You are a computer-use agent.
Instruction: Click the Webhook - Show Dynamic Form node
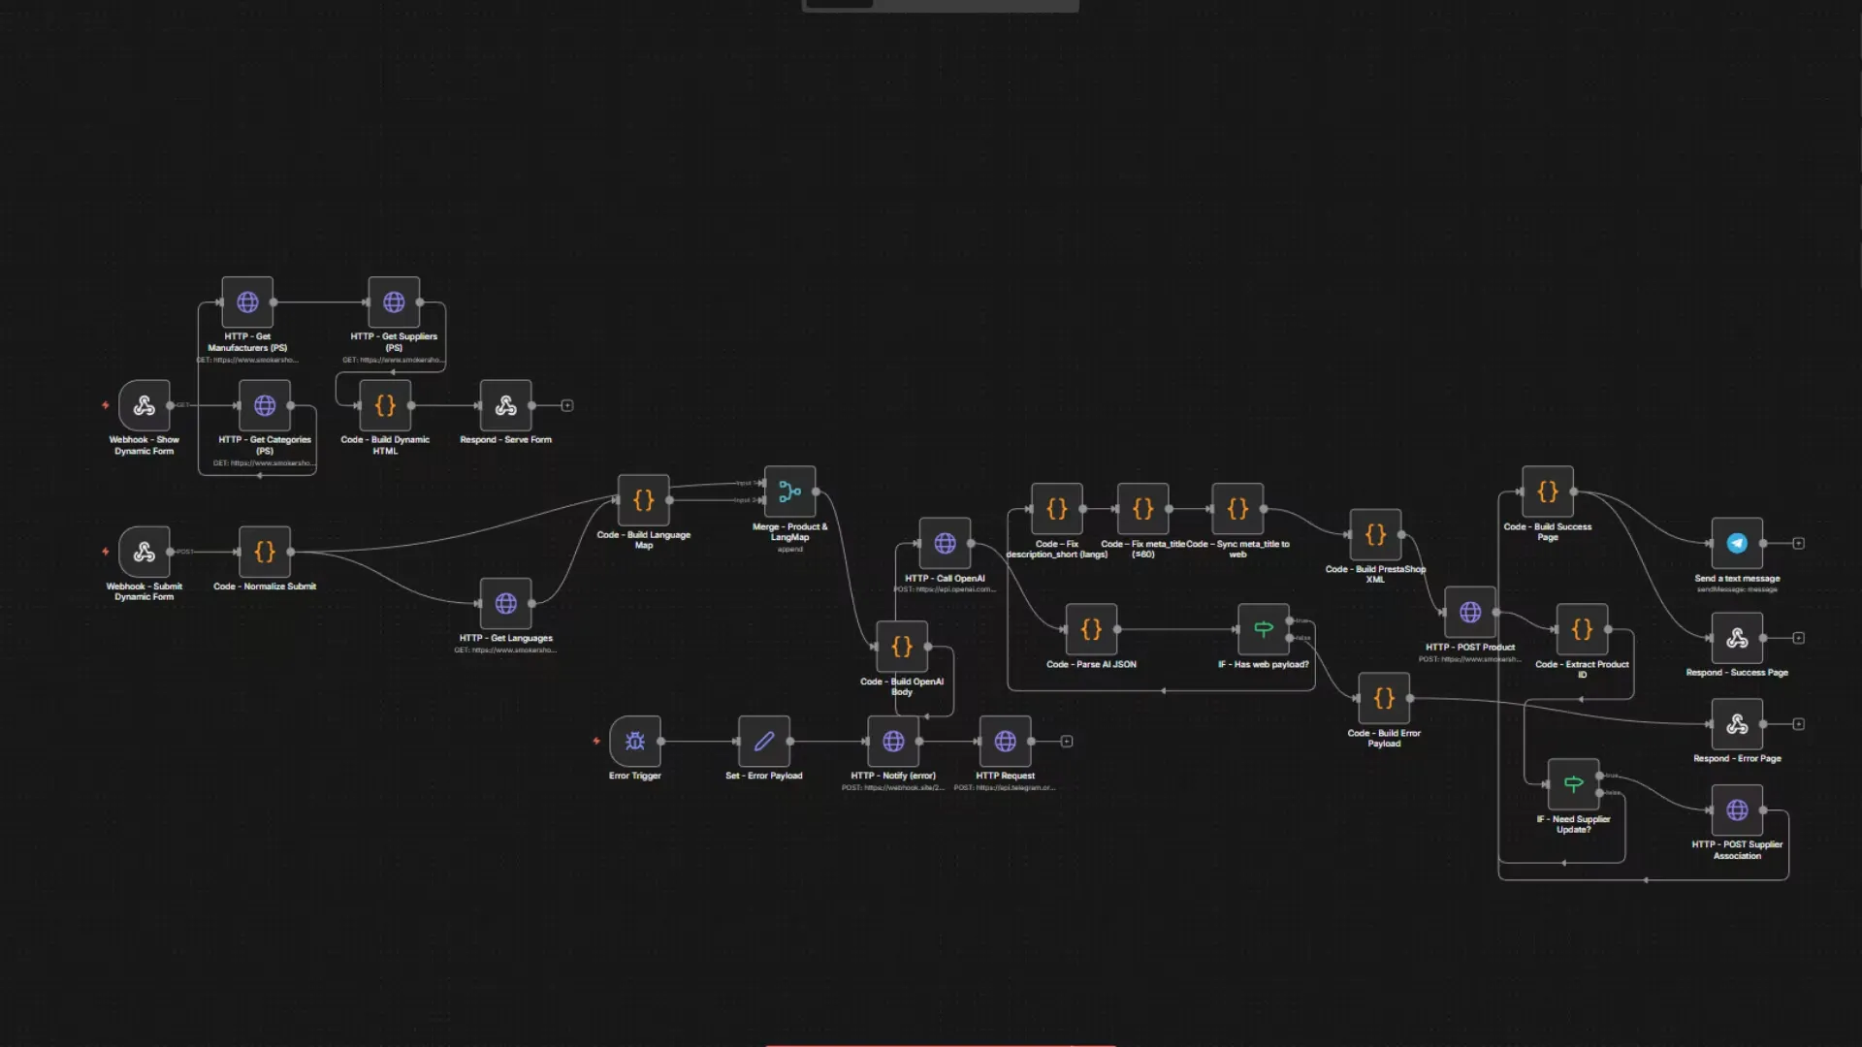(144, 405)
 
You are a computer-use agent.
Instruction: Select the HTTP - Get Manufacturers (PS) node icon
(247, 302)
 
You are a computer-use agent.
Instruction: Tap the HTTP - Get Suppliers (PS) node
(394, 302)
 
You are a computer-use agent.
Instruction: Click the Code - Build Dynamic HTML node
(385, 405)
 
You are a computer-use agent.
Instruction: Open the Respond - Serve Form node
(505, 405)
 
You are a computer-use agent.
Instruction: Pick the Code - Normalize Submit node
(265, 552)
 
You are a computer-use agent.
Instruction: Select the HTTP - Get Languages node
(505, 603)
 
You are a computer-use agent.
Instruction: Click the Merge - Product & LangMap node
(789, 492)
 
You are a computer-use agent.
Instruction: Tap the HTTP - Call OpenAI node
(945, 543)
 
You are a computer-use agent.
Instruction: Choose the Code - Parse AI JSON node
(1091, 629)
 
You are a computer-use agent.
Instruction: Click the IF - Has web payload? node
(1263, 629)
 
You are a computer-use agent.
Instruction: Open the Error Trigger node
(635, 742)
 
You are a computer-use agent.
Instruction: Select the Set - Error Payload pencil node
(764, 742)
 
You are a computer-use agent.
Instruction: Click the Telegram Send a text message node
(1737, 543)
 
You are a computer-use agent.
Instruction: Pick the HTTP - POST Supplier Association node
(1737, 809)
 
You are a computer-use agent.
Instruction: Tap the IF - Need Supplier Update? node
(1573, 783)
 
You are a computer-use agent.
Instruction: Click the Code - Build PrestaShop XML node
(1375, 534)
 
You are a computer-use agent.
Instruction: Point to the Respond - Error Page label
(1737, 758)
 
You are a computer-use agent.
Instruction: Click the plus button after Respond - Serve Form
(567, 405)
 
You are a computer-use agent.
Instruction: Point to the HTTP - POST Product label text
(1469, 647)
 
